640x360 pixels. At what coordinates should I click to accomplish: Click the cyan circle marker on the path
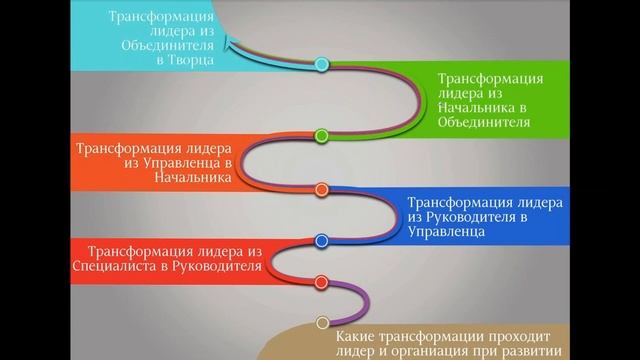pyautogui.click(x=322, y=65)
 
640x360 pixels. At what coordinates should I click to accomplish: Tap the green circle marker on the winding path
pyautogui.click(x=322, y=134)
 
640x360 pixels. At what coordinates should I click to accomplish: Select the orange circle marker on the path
pyautogui.click(x=322, y=189)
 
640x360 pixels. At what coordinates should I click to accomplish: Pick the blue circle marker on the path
pyautogui.click(x=322, y=240)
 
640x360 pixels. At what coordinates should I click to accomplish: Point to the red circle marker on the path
pyautogui.click(x=322, y=282)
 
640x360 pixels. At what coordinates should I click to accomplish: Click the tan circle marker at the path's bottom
pyautogui.click(x=322, y=321)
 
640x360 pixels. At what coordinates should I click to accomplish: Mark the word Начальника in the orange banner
pyautogui.click(x=185, y=177)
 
